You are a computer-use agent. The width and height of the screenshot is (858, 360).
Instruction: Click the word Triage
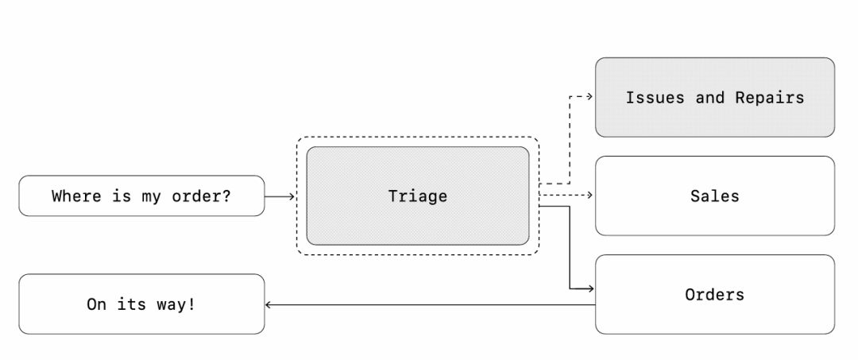(x=417, y=195)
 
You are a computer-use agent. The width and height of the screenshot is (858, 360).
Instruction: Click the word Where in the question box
(x=76, y=195)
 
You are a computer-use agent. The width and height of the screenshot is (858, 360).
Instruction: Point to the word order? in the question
(x=202, y=195)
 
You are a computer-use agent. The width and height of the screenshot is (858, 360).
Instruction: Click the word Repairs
(x=769, y=98)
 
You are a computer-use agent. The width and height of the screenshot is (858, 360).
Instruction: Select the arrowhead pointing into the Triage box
(x=292, y=195)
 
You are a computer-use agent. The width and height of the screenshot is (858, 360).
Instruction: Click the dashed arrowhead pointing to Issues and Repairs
(x=590, y=97)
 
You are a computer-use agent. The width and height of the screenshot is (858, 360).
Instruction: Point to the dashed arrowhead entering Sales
(x=590, y=195)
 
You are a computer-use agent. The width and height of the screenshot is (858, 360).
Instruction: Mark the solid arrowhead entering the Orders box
(x=590, y=288)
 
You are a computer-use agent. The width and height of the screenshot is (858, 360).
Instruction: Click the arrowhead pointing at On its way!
(x=269, y=304)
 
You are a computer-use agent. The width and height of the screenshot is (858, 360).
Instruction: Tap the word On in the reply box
(x=96, y=304)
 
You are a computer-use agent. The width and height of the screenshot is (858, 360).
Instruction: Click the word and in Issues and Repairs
(x=709, y=98)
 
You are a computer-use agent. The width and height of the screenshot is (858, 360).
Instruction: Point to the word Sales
(x=714, y=195)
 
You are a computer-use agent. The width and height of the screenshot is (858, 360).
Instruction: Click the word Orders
(x=714, y=295)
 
